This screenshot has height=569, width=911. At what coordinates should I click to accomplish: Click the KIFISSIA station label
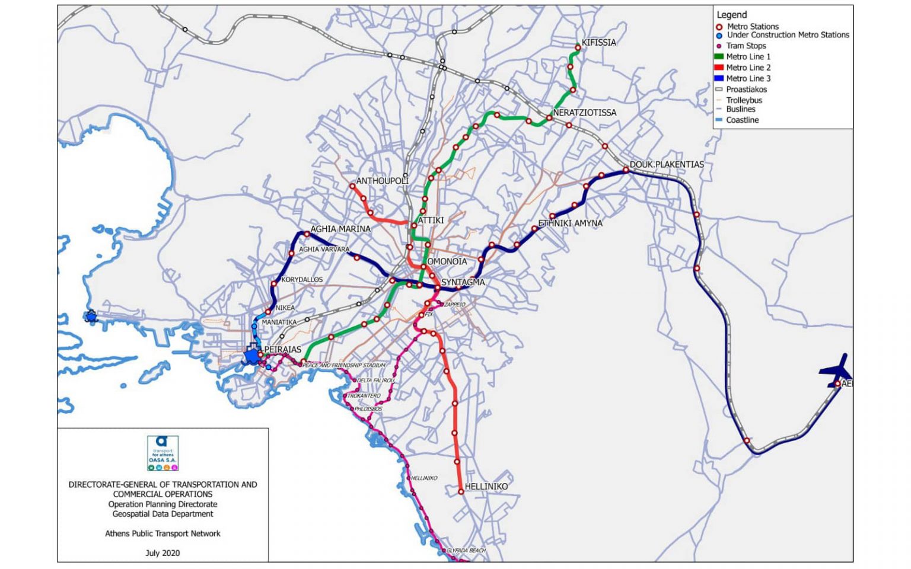598,43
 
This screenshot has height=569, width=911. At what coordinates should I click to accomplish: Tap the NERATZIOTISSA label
584,113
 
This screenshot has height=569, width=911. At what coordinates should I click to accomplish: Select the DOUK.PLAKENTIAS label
667,165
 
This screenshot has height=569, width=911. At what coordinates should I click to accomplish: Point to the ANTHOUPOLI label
382,181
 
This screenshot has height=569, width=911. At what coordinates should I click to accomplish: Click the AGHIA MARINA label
340,229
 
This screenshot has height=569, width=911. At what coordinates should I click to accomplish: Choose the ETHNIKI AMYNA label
570,223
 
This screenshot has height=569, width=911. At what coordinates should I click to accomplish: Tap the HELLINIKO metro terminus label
486,487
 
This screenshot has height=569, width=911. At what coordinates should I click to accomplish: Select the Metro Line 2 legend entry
748,68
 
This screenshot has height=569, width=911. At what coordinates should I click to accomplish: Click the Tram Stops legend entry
746,46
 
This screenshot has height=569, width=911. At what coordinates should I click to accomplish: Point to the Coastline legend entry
742,120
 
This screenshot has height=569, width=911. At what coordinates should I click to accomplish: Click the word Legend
732,15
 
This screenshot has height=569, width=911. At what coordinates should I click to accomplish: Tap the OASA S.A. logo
163,453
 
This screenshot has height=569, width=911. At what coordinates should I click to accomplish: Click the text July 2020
163,553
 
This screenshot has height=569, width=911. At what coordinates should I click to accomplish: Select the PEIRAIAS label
282,350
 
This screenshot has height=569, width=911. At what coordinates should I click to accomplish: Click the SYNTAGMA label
463,283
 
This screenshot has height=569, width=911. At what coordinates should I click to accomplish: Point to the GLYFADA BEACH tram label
466,551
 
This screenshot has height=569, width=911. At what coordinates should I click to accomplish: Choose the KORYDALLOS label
302,280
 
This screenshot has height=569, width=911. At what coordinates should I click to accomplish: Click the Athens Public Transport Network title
163,533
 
